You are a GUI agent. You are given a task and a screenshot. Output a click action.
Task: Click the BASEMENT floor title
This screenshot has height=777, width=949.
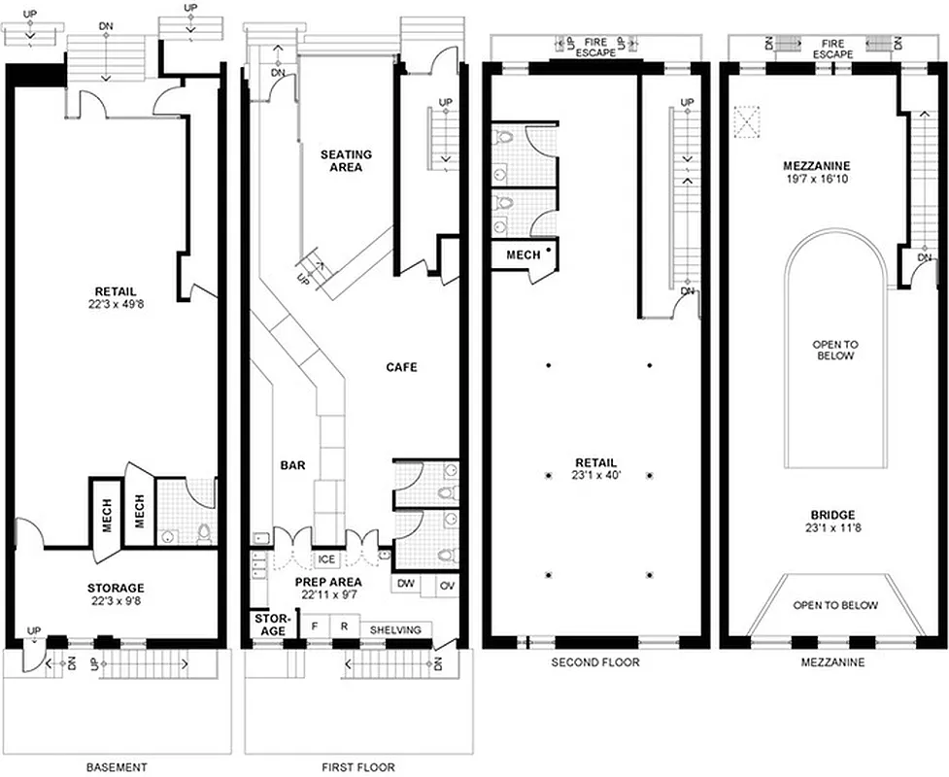(x=116, y=767)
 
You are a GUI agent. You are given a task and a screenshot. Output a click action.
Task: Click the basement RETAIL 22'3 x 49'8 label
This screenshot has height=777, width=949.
(x=116, y=297)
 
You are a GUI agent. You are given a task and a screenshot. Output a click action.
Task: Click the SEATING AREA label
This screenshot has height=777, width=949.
(x=346, y=160)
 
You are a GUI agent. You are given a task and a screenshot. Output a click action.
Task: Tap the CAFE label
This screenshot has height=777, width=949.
(x=401, y=367)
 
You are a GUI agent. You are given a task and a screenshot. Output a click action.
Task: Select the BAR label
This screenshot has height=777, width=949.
(x=293, y=466)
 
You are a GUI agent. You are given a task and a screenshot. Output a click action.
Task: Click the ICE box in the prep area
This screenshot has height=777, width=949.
(x=326, y=559)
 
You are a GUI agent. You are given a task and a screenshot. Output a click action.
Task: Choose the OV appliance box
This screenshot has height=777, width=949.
(x=447, y=585)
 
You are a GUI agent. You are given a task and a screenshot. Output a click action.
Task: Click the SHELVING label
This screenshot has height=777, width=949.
(x=394, y=629)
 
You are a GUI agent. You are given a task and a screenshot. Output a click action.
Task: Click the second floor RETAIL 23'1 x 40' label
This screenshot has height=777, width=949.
(x=595, y=469)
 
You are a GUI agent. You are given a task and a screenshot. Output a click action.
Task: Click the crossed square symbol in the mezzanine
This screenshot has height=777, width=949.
(x=748, y=123)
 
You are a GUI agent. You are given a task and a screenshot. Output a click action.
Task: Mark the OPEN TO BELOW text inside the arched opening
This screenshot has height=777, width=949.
(x=834, y=351)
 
